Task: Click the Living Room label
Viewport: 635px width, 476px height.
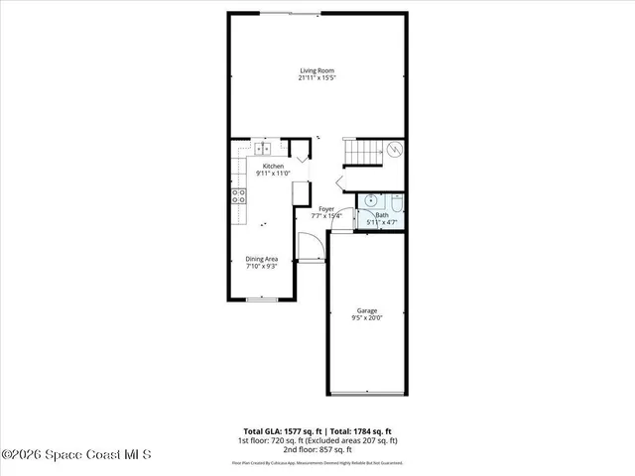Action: click(x=317, y=69)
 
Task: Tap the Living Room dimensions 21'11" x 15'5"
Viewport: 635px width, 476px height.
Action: click(x=317, y=77)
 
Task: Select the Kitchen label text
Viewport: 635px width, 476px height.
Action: click(x=272, y=166)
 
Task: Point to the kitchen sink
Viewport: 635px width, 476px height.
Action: click(x=263, y=149)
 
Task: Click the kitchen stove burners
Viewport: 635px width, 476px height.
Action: click(x=239, y=195)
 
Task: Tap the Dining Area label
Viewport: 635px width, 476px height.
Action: click(x=262, y=259)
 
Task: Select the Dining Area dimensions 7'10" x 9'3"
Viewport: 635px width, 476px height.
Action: click(x=262, y=267)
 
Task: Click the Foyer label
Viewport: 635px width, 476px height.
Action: click(x=326, y=209)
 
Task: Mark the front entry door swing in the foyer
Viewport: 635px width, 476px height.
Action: click(x=309, y=244)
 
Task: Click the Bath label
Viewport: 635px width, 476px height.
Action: click(x=381, y=215)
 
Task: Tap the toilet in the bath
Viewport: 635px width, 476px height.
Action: click(x=396, y=201)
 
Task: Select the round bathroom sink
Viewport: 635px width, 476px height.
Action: click(x=370, y=199)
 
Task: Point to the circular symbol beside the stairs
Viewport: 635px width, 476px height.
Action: click(x=394, y=151)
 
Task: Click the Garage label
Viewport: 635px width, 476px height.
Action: click(x=367, y=310)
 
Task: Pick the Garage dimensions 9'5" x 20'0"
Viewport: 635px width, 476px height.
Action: click(x=367, y=318)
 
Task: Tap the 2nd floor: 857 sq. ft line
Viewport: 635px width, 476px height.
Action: click(x=317, y=449)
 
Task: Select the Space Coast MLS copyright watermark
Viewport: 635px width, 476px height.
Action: click(x=76, y=454)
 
